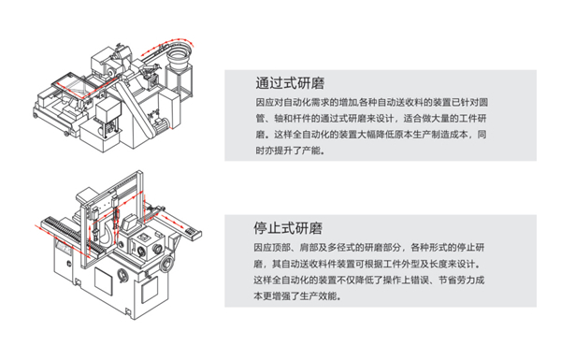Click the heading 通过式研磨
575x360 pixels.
290,83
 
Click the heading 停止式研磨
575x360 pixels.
288,228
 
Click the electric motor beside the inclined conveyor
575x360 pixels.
162,122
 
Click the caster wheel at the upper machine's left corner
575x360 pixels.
36,116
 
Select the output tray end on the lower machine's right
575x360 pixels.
194,233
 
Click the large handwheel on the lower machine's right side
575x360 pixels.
167,264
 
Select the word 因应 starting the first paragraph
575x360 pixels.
265,102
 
